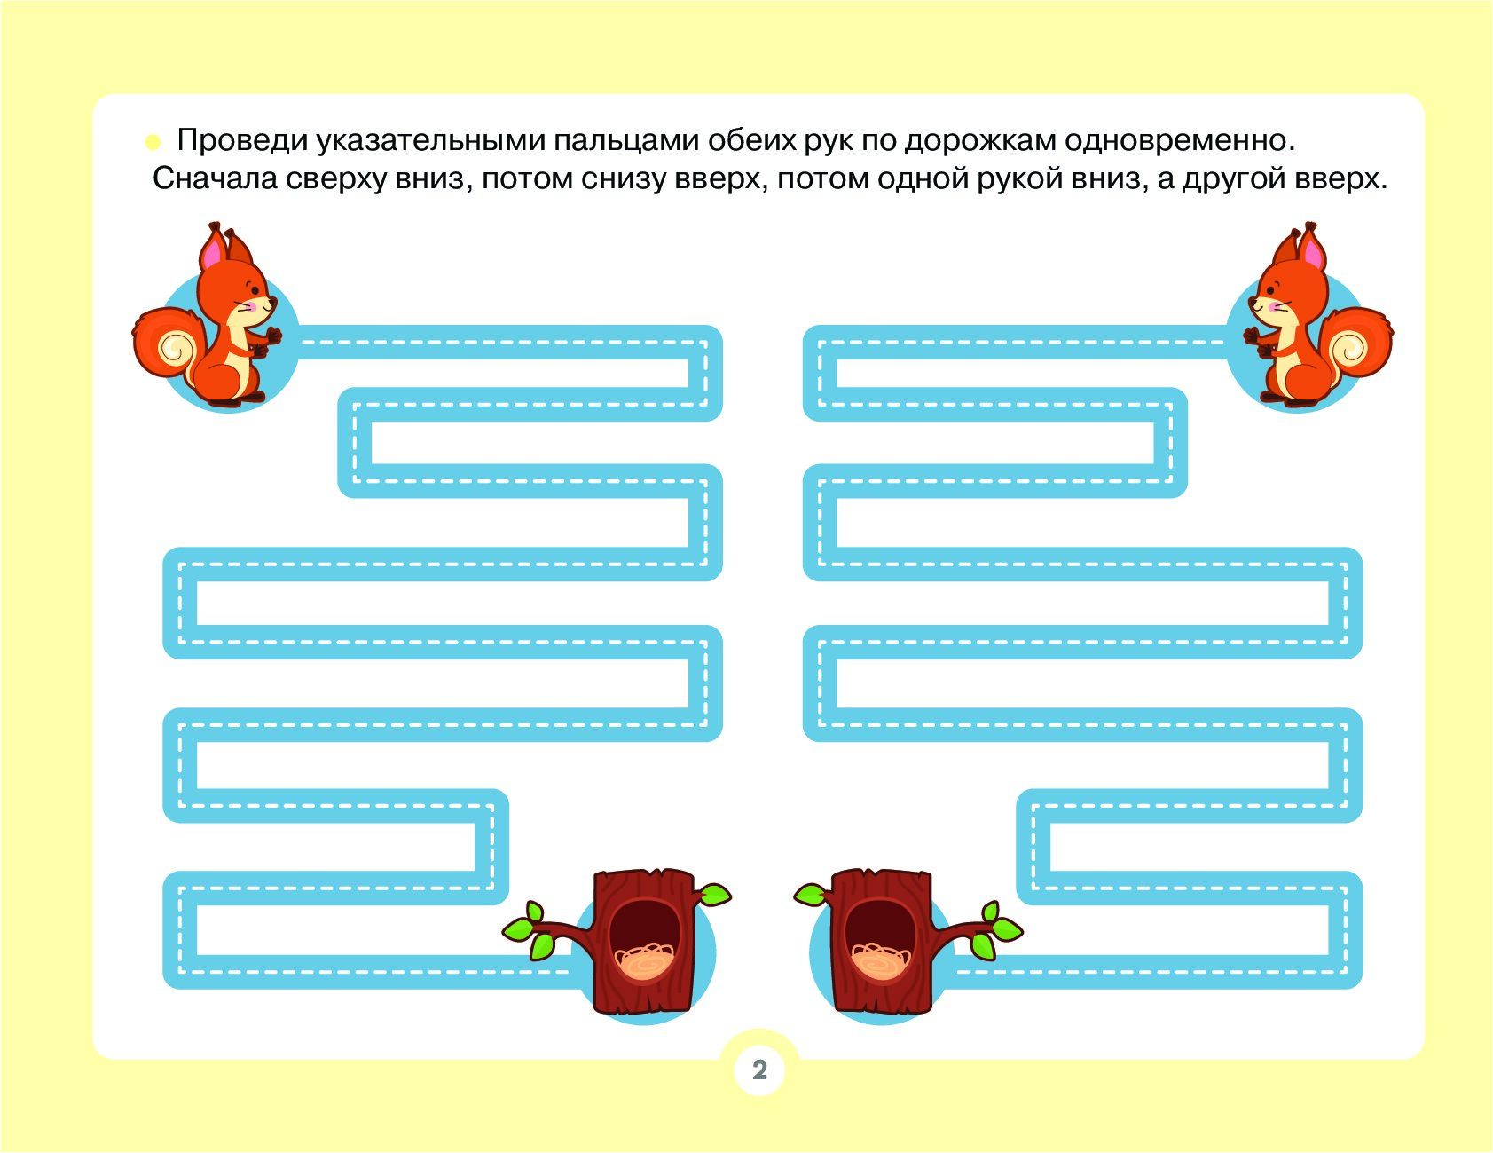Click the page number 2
[759, 1070]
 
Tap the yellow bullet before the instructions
[153, 141]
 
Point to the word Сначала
[216, 178]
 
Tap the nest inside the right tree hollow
[880, 961]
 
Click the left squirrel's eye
[254, 288]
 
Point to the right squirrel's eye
[1272, 288]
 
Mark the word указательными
[430, 140]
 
